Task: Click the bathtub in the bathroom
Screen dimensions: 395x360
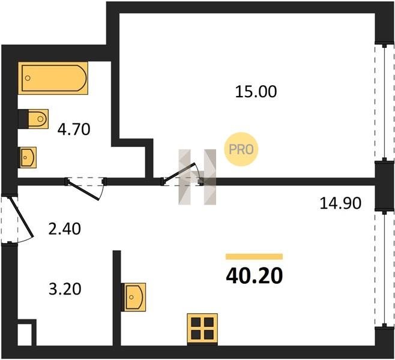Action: point(53,78)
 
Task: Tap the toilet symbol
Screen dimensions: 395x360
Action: point(33,119)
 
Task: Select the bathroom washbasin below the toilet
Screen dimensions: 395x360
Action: point(27,158)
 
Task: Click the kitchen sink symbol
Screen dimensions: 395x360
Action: point(133,297)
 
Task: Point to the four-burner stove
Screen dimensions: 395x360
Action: point(202,328)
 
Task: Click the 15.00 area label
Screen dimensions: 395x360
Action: point(256,92)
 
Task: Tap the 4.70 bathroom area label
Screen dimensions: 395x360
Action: point(74,130)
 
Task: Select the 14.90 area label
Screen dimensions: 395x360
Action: point(340,203)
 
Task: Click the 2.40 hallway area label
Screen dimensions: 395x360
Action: point(65,229)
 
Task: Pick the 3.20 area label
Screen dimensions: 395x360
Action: point(65,289)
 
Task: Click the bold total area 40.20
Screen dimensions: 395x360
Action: point(255,275)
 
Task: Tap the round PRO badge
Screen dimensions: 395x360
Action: point(241,149)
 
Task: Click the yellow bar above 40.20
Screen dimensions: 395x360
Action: point(254,257)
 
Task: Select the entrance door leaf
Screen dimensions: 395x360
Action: point(22,218)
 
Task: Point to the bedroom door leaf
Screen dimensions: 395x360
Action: point(179,172)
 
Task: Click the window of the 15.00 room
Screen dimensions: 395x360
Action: point(384,103)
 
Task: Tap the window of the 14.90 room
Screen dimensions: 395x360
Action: point(384,269)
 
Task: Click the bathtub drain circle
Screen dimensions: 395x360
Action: point(28,78)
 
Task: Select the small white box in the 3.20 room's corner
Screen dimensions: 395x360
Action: point(25,335)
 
